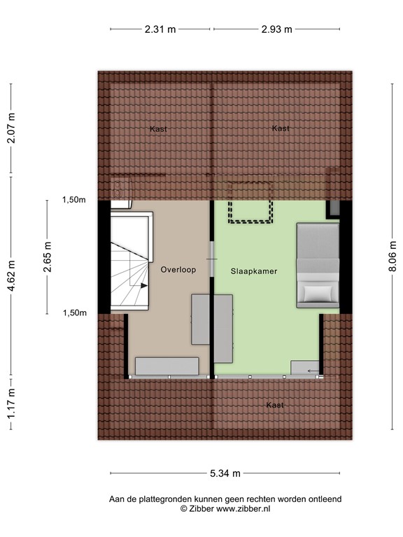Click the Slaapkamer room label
[248, 270]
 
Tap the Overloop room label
[178, 269]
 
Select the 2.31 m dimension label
[160, 29]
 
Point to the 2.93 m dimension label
[276, 29]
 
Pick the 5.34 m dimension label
[225, 473]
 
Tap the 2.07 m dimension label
[10, 129]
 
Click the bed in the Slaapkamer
[318, 266]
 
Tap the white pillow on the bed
[316, 292]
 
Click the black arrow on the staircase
[143, 286]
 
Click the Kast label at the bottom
[274, 406]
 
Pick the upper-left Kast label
[158, 129]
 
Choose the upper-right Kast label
[281, 129]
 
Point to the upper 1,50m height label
[73, 200]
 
